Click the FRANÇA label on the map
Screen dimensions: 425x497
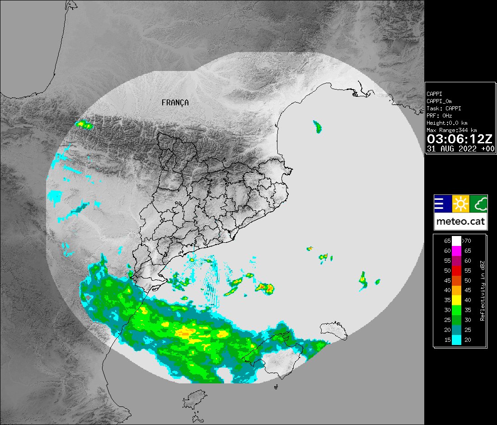click(175, 103)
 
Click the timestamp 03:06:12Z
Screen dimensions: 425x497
click(460, 138)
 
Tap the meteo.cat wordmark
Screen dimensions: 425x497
click(460, 222)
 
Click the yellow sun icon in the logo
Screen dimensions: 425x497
click(460, 204)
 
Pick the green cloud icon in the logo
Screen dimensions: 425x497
click(478, 204)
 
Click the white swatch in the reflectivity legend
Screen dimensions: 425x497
click(457, 241)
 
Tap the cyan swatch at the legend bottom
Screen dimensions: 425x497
click(457, 340)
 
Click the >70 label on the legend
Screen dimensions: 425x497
click(467, 241)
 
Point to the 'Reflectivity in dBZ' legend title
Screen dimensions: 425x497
click(483, 291)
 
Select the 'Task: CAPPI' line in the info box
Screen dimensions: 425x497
click(444, 109)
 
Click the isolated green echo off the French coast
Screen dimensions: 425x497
click(318, 127)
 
